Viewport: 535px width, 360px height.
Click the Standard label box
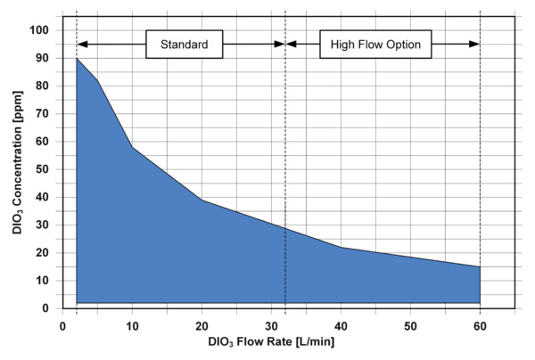pos(184,44)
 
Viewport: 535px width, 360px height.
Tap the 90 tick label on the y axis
pos(42,58)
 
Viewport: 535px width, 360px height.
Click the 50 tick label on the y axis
pos(42,169)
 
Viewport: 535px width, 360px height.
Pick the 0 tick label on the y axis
pos(45,308)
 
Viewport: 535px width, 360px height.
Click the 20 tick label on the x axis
pos(202,324)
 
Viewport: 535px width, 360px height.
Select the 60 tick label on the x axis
pos(480,324)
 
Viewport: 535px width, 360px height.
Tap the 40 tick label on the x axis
pos(341,324)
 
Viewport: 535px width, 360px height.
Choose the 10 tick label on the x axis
pos(132,324)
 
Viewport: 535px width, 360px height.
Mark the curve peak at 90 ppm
pos(77,58)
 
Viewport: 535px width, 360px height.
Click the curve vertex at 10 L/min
pos(132,147)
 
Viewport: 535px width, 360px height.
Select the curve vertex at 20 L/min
pos(202,200)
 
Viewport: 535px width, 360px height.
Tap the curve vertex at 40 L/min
pos(341,247)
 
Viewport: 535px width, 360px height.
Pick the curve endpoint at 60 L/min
pos(480,266)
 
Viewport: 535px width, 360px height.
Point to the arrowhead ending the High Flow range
pos(475,44)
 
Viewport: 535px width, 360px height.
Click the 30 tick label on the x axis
pos(271,324)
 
